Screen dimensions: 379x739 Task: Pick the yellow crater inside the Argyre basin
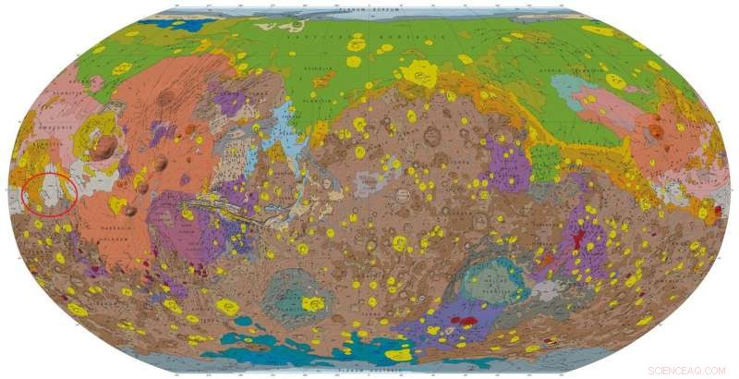(314, 303)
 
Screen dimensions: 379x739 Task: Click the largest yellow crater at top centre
(420, 72)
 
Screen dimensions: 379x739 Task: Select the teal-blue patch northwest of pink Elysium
(570, 88)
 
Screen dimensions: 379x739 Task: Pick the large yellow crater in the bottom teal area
(398, 354)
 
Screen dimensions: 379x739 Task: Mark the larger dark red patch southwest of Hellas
(466, 321)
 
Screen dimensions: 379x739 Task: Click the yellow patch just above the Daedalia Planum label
(117, 205)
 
